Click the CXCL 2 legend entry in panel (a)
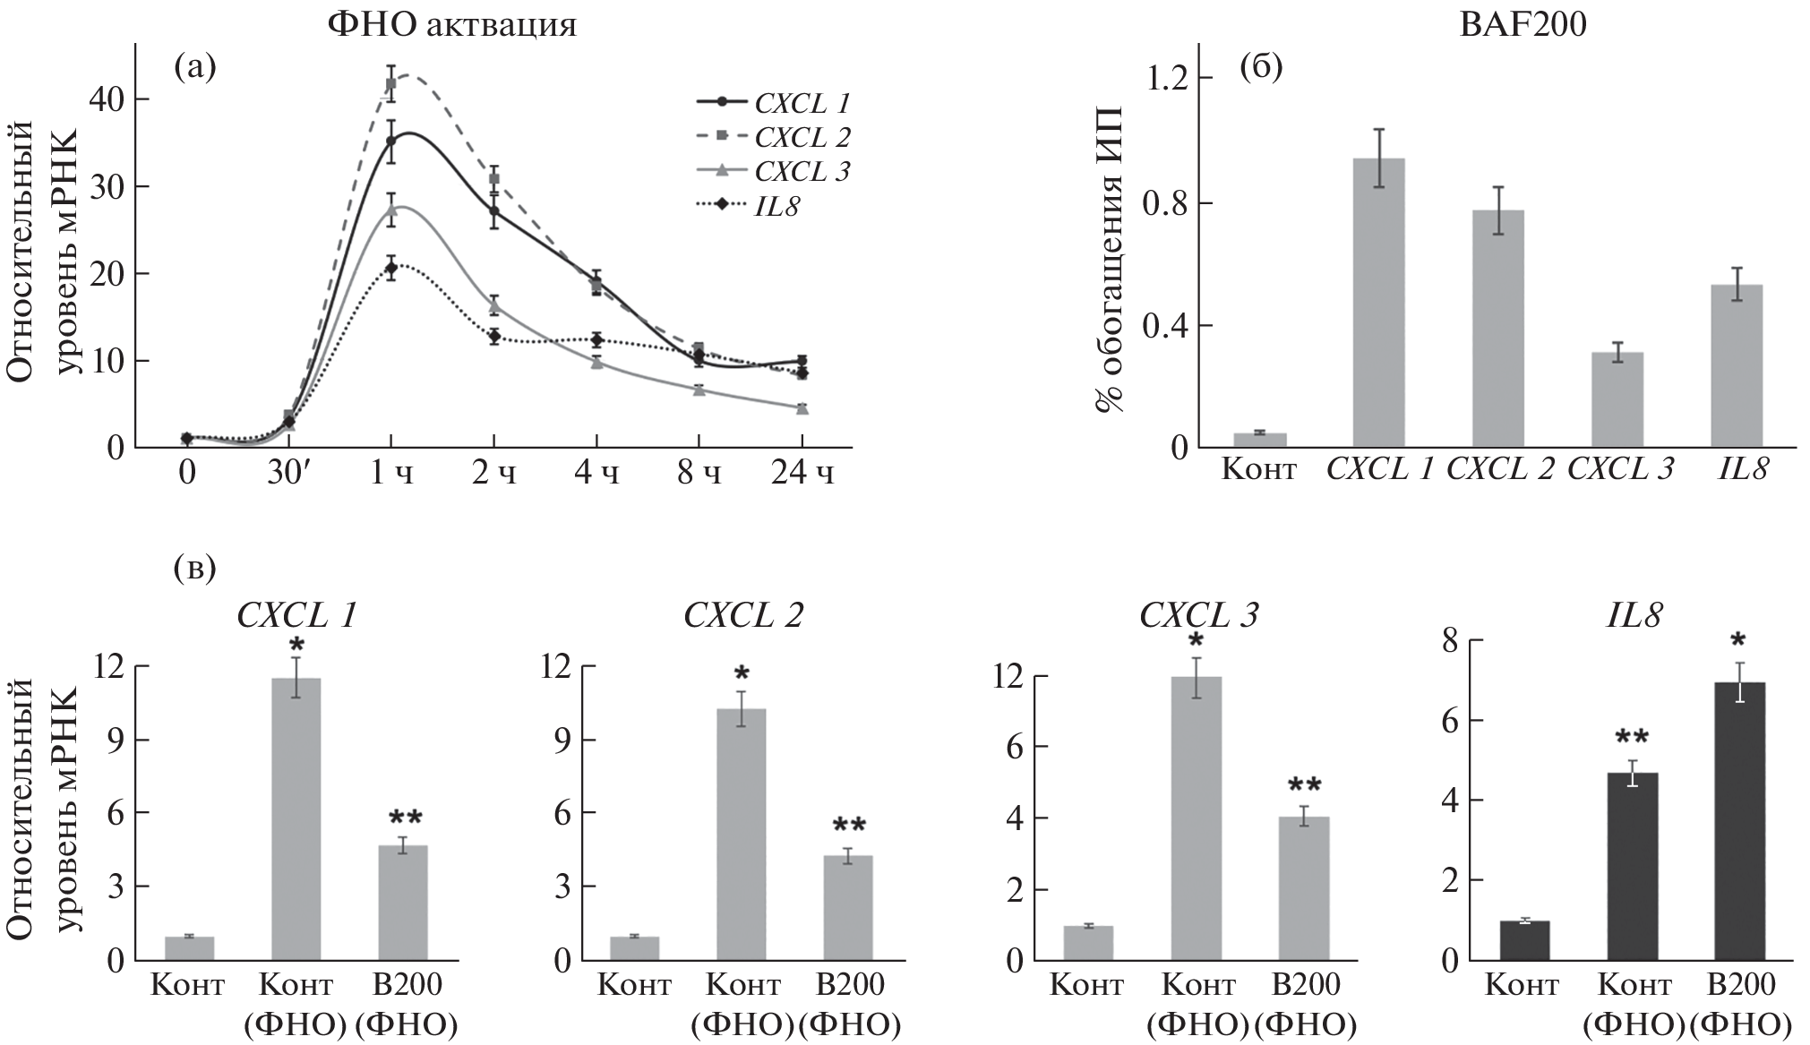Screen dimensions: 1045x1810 click(802, 138)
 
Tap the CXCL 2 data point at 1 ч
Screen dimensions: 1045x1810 click(391, 84)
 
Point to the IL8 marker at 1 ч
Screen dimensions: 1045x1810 click(391, 268)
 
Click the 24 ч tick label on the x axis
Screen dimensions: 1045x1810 click(802, 473)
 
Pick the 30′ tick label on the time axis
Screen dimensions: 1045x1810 click(288, 473)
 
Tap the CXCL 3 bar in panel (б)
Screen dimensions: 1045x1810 click(1617, 399)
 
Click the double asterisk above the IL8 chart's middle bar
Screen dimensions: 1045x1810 click(1632, 739)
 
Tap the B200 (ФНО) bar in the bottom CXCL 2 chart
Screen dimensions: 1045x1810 click(847, 908)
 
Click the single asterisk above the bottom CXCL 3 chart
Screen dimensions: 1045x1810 click(1197, 642)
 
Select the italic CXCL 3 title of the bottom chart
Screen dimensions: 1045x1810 click(1199, 615)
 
